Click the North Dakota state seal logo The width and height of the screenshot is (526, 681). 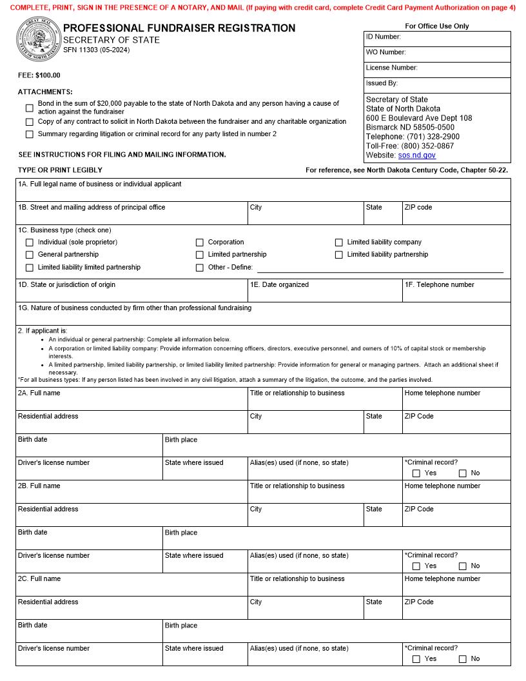tap(38, 40)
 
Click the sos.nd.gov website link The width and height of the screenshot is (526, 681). tap(416, 155)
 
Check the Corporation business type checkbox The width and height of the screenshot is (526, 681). tap(200, 242)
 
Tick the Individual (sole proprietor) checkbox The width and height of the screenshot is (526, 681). tap(30, 242)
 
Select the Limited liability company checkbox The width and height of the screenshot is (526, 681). tap(339, 242)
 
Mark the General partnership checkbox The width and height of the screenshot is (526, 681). tap(30, 255)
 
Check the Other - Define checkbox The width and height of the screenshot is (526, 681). tap(200, 268)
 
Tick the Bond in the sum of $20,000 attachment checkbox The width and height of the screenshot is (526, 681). tap(30, 108)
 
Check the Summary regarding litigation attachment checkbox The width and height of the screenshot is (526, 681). tap(30, 134)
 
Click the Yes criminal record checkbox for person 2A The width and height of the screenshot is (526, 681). tap(416, 473)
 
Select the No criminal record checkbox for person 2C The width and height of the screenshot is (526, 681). tap(463, 659)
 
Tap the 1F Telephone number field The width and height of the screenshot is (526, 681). tap(456, 293)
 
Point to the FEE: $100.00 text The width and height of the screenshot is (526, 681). tap(39, 75)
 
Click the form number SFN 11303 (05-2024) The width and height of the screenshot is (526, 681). tap(96, 50)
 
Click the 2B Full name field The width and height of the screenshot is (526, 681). tap(131, 495)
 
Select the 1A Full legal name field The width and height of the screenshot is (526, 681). tap(263, 192)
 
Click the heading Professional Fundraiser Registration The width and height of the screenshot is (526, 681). tap(179, 28)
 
